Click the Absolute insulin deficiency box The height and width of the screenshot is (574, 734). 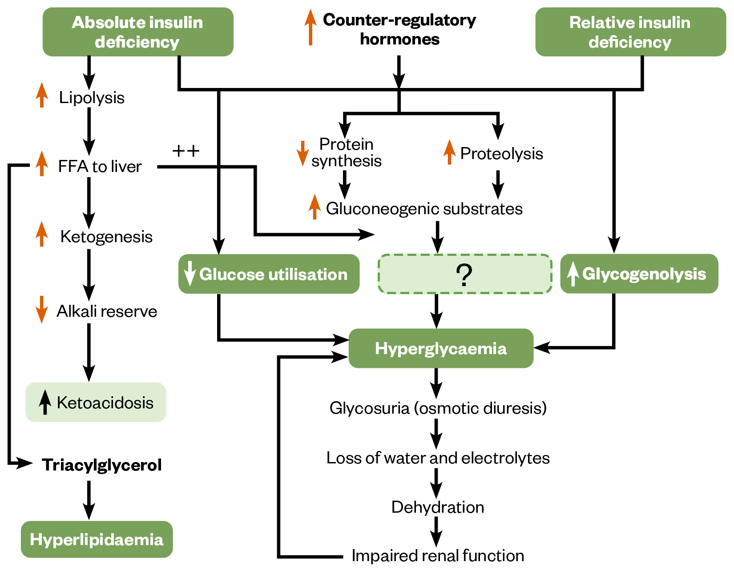[x=138, y=32]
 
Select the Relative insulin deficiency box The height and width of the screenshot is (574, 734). [x=630, y=32]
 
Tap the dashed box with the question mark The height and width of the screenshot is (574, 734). [x=465, y=274]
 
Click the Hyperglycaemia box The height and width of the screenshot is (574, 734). [x=441, y=348]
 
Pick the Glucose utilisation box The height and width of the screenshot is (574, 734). [x=269, y=274]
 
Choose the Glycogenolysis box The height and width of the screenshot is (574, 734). [x=639, y=274]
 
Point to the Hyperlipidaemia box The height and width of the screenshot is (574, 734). [x=97, y=539]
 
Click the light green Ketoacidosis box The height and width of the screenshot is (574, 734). [x=96, y=403]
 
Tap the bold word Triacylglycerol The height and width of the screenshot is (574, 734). [x=101, y=465]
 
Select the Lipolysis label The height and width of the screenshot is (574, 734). [x=92, y=98]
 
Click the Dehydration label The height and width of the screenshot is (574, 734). [x=438, y=507]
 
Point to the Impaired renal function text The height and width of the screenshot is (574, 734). [x=438, y=556]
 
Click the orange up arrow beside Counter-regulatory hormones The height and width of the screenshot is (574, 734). [x=311, y=28]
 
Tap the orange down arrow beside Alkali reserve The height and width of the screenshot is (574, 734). [x=41, y=309]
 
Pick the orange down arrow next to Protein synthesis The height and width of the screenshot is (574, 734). [x=302, y=153]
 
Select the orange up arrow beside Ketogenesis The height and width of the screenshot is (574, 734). [x=41, y=234]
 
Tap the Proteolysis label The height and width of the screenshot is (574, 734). [x=501, y=154]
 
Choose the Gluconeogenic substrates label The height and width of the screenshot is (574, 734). [x=424, y=209]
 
